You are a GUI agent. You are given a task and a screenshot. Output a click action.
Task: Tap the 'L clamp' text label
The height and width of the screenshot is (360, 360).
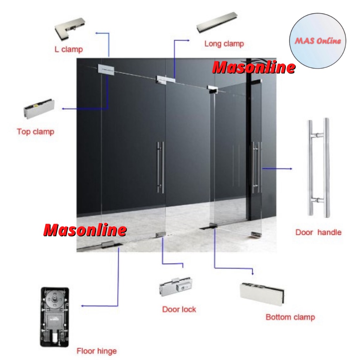(x=69, y=49)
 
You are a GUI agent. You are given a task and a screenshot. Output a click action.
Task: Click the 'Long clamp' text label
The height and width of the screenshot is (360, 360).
(x=224, y=44)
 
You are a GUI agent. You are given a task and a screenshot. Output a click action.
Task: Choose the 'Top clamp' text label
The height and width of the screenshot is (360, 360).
(x=36, y=132)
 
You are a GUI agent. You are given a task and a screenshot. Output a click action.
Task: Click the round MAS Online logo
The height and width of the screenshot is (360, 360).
(x=317, y=41)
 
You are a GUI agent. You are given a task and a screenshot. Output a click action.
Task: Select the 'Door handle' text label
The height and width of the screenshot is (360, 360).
(x=318, y=232)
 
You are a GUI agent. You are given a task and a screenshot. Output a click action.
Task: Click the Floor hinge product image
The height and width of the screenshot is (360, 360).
(x=55, y=317)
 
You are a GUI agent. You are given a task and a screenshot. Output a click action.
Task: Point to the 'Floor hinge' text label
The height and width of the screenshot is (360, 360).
(x=96, y=351)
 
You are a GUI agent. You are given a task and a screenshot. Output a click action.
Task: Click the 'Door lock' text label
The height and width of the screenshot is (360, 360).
(x=179, y=309)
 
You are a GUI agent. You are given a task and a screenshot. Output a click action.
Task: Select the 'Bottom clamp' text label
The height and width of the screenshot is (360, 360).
(x=290, y=317)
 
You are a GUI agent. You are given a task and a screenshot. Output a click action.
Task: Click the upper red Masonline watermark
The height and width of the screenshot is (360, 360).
(x=253, y=67)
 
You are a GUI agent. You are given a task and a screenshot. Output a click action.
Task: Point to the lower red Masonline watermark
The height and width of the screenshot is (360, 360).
(x=85, y=230)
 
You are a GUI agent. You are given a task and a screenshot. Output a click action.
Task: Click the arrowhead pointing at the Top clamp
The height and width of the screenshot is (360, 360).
(x=63, y=109)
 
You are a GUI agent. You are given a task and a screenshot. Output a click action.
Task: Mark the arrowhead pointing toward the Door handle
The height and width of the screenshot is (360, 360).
(x=290, y=169)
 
